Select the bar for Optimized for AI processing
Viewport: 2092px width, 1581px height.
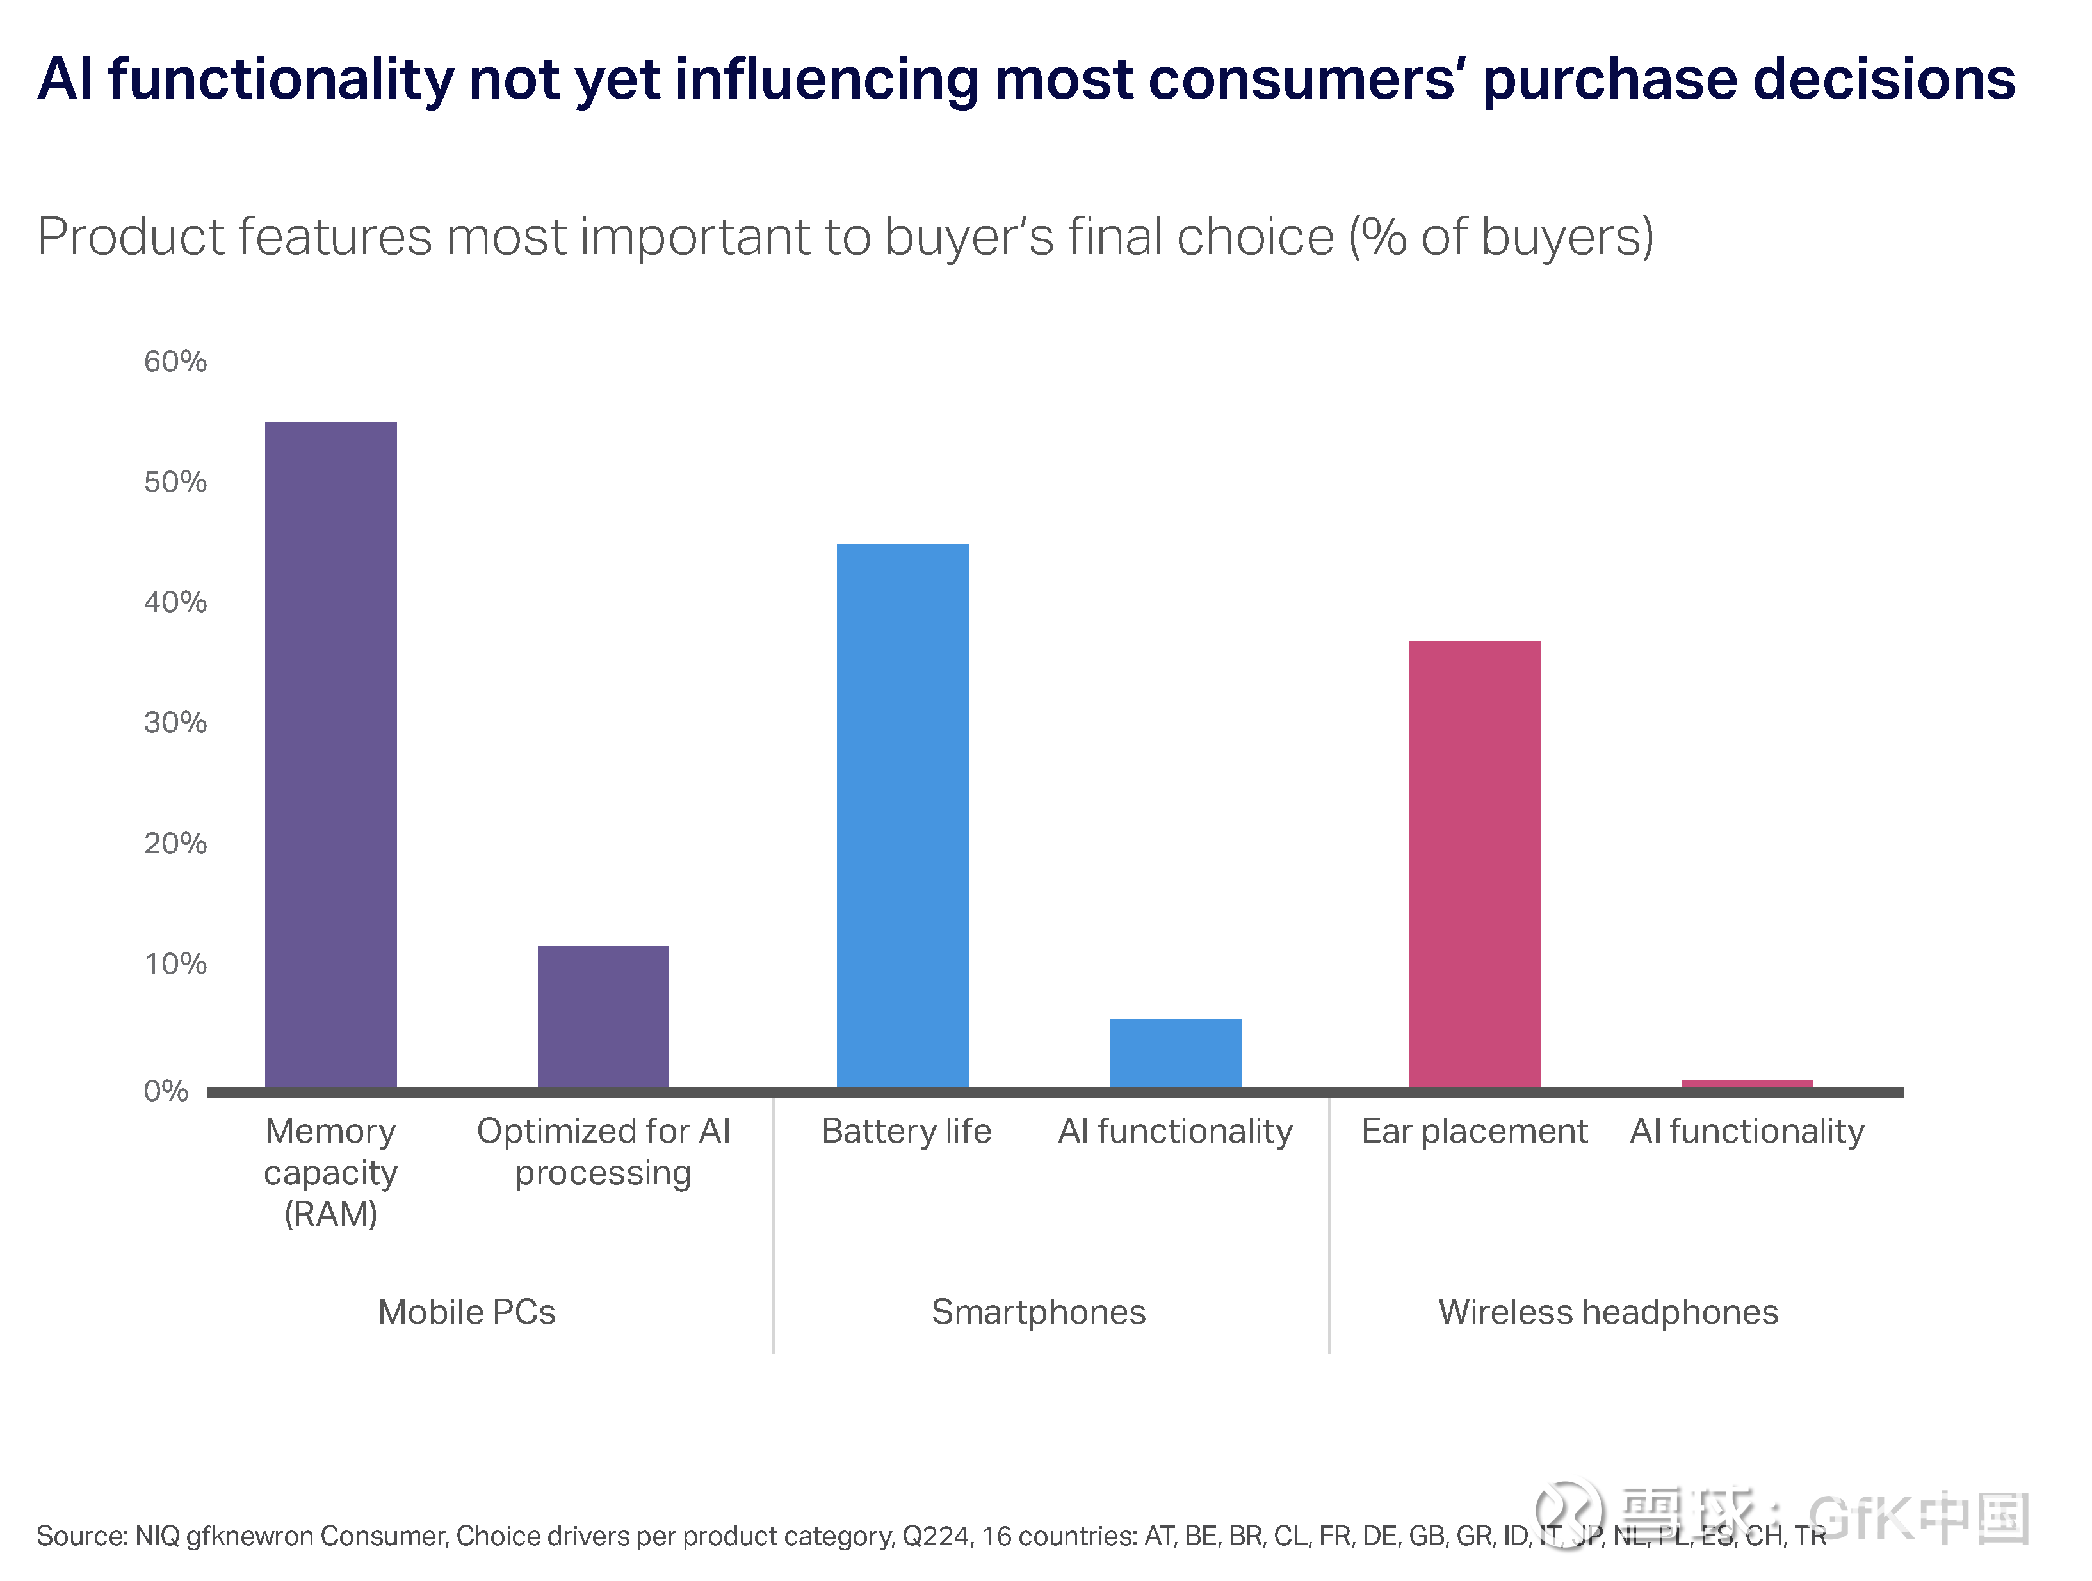click(x=603, y=1016)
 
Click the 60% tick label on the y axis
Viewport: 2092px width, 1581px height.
click(x=175, y=361)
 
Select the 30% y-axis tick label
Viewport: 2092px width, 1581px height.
click(x=175, y=723)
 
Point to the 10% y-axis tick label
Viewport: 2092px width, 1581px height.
click(x=175, y=963)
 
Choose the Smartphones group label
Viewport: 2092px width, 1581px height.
click(x=1039, y=1312)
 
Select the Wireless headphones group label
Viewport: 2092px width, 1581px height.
click(x=1608, y=1312)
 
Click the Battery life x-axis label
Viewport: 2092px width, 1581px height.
click(x=906, y=1131)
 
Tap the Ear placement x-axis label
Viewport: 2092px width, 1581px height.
click(x=1475, y=1131)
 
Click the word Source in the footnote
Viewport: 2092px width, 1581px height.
click(x=79, y=1536)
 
